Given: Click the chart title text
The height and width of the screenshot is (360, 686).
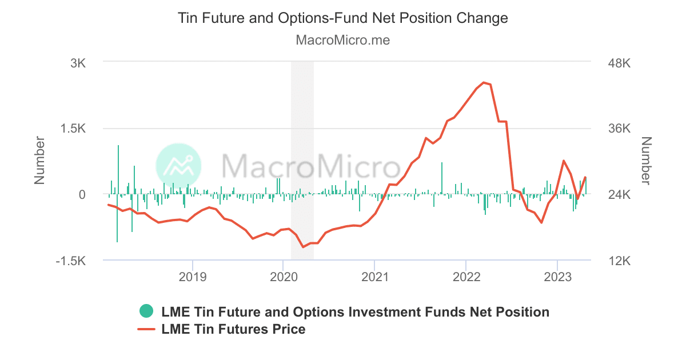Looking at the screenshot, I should [x=343, y=18].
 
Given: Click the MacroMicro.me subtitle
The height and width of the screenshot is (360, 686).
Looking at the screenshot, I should [x=343, y=41].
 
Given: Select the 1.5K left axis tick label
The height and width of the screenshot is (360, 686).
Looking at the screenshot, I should [x=73, y=129].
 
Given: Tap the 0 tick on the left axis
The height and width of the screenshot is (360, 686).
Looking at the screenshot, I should [x=82, y=195].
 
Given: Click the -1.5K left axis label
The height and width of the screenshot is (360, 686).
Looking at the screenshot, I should [x=71, y=261].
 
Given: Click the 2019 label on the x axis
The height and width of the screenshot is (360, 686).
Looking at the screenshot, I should [x=193, y=278].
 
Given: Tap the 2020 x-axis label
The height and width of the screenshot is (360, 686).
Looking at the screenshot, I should [x=284, y=278].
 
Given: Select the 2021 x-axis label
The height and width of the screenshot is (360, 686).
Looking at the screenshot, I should [x=374, y=278].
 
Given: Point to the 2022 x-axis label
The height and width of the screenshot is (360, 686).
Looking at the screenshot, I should [x=466, y=278].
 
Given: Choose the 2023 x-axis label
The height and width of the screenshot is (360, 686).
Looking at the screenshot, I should [x=557, y=278].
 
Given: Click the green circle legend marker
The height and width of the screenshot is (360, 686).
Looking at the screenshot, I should [x=147, y=311].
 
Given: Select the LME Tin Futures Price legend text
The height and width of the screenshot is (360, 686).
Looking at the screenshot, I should [x=234, y=329].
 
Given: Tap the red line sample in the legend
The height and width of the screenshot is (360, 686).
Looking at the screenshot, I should [x=147, y=329].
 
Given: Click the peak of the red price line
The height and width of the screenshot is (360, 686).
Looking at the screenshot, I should [x=484, y=83].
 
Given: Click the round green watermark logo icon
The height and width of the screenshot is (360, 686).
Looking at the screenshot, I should [x=178, y=166].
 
